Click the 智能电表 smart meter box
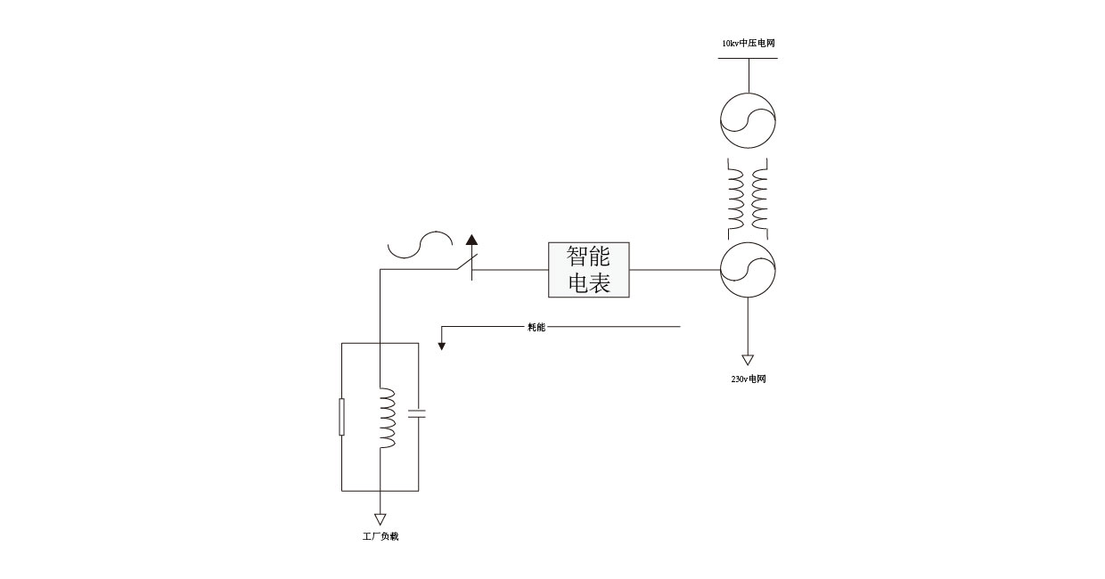coord(588,270)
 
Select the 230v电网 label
coord(748,379)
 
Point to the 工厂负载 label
coord(380,537)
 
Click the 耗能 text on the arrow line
coord(536,327)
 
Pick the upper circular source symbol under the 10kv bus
coord(748,120)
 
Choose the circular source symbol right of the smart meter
coord(748,271)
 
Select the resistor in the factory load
coord(341,417)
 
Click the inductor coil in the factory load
coord(387,417)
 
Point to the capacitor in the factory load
coord(417,412)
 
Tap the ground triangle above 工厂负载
coord(381,518)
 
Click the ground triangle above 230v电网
coord(748,360)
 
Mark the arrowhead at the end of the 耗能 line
coord(441,344)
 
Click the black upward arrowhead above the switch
coord(471,239)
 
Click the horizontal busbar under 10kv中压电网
coord(748,58)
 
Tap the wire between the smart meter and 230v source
coord(675,270)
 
